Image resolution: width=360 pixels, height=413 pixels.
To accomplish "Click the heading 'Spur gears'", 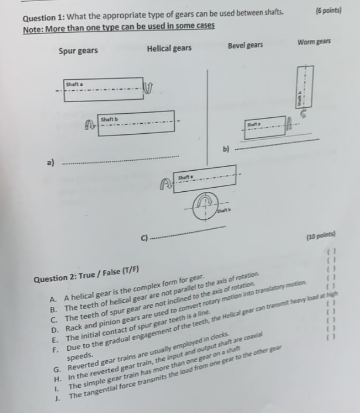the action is coord(79,51).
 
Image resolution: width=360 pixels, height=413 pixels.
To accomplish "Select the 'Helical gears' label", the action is coord(169,48).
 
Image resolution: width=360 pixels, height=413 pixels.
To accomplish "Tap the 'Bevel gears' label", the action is coord(245,45).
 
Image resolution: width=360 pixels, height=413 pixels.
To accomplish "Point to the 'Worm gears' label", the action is coord(314,42).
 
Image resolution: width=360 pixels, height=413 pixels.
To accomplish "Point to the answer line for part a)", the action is coord(120,158).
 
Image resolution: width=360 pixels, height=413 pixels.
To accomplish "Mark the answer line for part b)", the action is coord(276,144).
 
